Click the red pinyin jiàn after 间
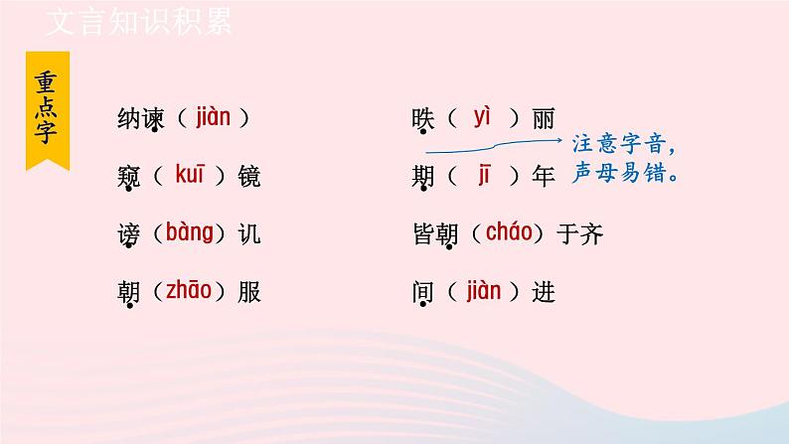483,291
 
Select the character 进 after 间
544,292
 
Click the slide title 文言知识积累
138,22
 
